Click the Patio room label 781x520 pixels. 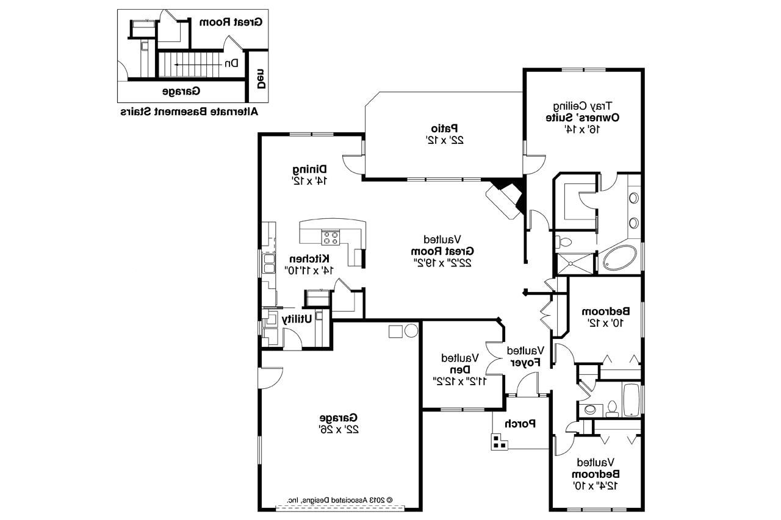445,129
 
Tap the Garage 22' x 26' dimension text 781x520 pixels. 338,429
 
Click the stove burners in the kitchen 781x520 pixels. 331,237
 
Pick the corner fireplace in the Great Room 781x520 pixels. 505,196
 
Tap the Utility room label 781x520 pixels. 297,319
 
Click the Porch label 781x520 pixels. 520,424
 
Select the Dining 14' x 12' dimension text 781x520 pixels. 309,180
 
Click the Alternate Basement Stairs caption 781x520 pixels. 189,112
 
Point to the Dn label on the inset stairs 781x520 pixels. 231,63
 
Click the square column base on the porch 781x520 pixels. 499,442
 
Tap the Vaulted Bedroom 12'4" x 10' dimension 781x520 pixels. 596,485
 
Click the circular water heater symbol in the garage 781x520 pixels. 411,331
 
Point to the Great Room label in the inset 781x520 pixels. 231,22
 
